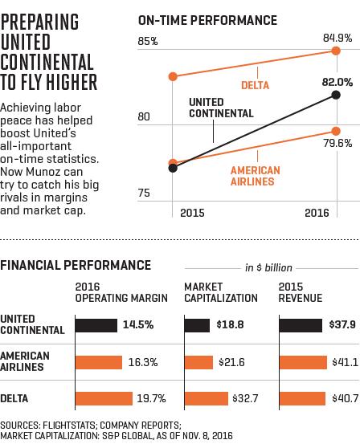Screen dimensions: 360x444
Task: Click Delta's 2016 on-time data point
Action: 336,51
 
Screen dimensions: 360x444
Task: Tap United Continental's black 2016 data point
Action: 336,95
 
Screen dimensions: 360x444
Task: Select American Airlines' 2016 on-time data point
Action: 336,131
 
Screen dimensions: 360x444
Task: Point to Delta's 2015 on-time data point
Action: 173,76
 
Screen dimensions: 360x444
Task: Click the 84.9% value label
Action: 337,38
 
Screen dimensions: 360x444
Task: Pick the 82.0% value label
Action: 337,82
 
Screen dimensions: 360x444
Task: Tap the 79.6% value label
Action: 337,143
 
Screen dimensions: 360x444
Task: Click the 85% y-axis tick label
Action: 148,41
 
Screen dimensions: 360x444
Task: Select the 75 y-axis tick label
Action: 144,193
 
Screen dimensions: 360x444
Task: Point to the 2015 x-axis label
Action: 192,213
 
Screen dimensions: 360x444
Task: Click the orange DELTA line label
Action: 255,85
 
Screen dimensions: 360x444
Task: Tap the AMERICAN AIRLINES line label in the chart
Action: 255,176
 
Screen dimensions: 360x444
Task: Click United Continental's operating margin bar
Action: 96,325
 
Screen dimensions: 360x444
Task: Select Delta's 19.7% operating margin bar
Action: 104,398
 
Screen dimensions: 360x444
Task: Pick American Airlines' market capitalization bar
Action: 198,362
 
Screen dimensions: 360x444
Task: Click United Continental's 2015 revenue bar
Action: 301,325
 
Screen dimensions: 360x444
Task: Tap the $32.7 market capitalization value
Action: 245,398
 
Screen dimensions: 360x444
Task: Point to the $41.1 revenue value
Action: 345,362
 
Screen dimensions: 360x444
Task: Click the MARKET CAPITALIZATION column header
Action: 221,292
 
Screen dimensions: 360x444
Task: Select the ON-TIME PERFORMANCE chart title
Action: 207,20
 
